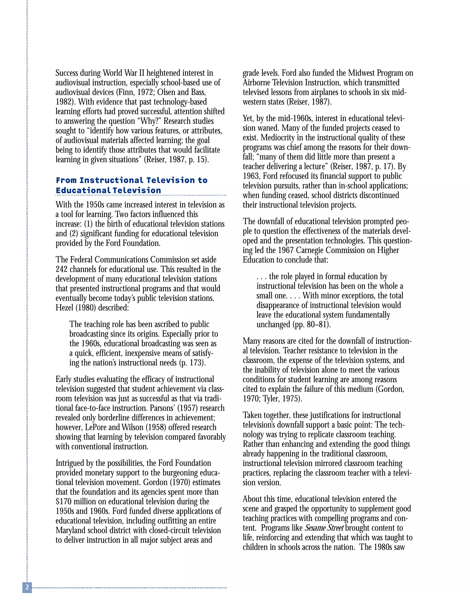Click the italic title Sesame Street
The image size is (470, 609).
click(x=324, y=528)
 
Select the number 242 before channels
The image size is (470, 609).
click(x=61, y=269)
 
